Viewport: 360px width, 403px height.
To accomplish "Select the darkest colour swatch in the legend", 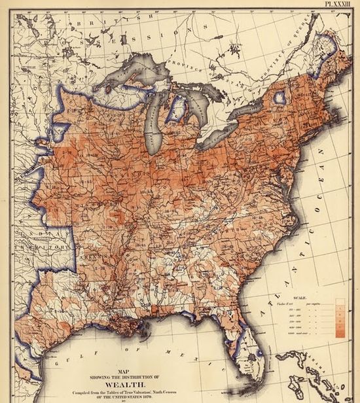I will click(340, 334).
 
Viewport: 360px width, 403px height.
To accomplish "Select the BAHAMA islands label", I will click(327, 359).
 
